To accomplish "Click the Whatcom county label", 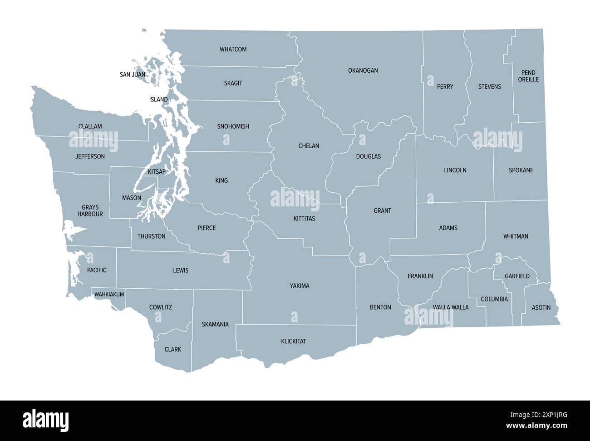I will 233,49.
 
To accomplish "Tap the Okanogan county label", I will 363,70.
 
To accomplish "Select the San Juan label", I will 133,74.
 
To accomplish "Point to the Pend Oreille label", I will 528,76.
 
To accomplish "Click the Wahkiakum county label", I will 109,295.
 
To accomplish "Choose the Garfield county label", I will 517,276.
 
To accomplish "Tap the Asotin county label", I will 541,308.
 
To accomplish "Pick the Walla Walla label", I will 450,307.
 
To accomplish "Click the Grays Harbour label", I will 90,210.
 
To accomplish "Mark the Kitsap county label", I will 157,172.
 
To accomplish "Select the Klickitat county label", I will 293,341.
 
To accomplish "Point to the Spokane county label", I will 521,170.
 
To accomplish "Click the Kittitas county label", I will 304,219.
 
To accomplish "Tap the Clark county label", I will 172,350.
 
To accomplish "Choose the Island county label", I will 158,100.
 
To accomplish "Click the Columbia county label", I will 494,299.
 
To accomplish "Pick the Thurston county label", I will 151,236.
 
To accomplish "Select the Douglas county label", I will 368,156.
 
